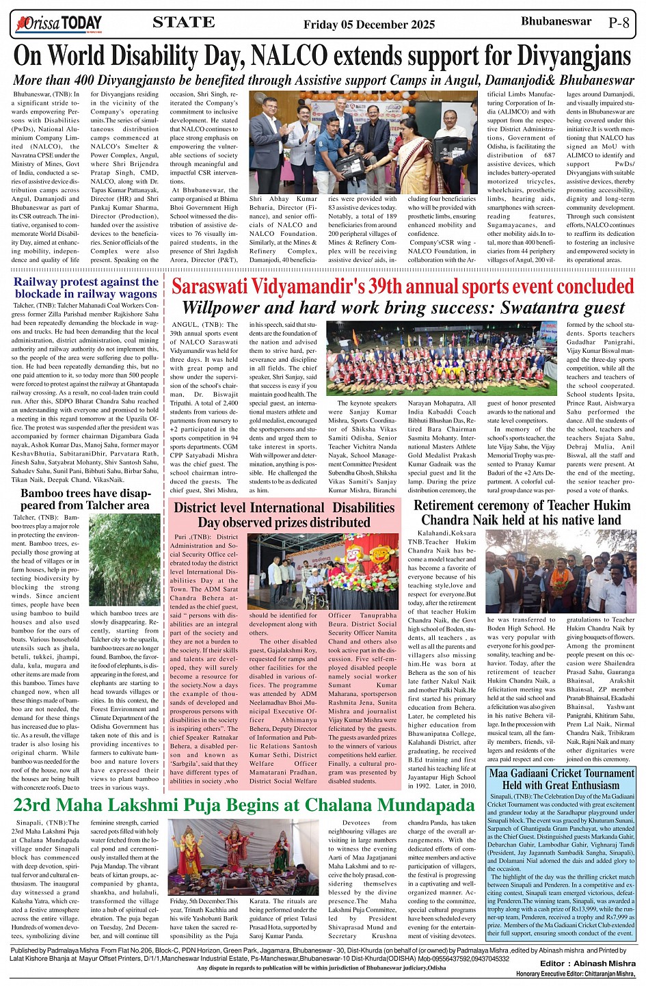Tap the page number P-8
[619, 23]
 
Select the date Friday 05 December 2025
[368, 25]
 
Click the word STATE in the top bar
[183, 23]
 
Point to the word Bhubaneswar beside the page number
[556, 22]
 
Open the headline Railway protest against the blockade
[86, 287]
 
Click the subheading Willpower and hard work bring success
[403, 308]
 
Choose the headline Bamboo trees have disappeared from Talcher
[85, 499]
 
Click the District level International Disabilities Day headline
[284, 515]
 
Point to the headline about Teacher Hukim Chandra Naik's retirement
[522, 512]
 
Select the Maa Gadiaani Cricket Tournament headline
[561, 779]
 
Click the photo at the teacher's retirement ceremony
[561, 571]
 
